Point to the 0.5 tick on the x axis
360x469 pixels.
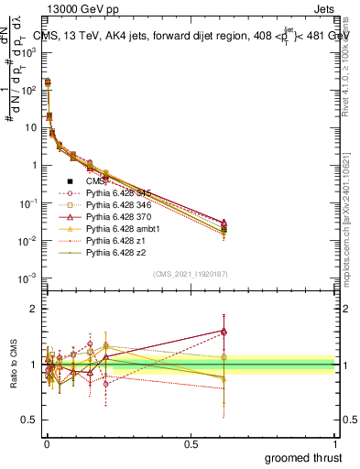coord(191,442)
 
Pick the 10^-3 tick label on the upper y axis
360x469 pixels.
coord(27,278)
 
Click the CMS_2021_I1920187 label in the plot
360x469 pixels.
coord(191,273)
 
